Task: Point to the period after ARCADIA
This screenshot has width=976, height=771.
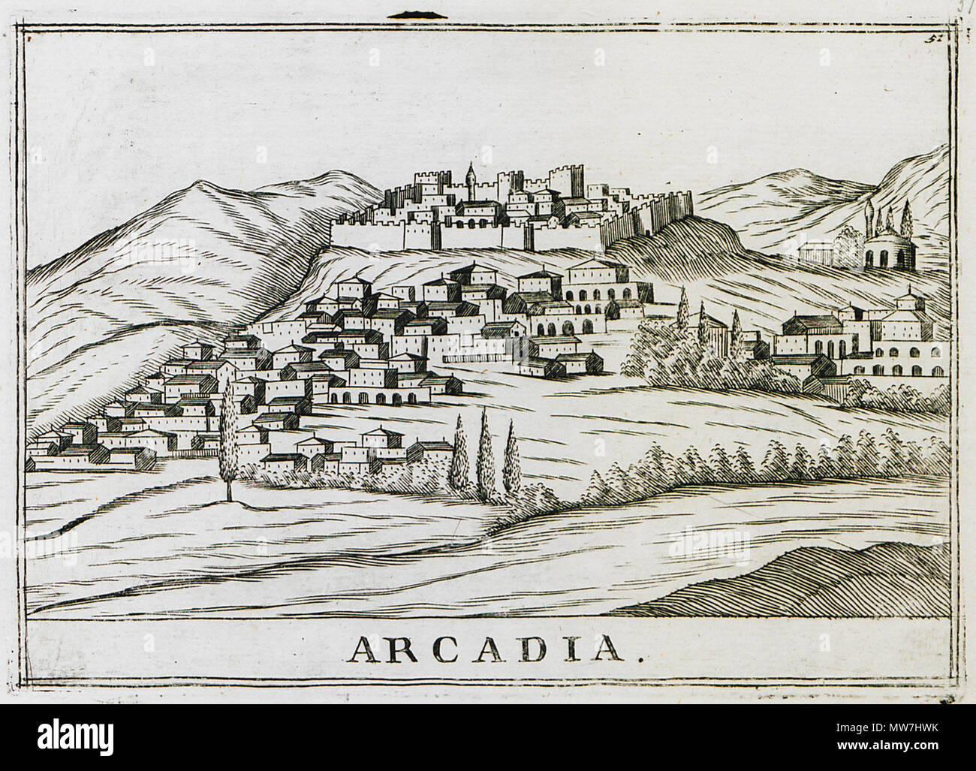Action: pyautogui.click(x=640, y=658)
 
